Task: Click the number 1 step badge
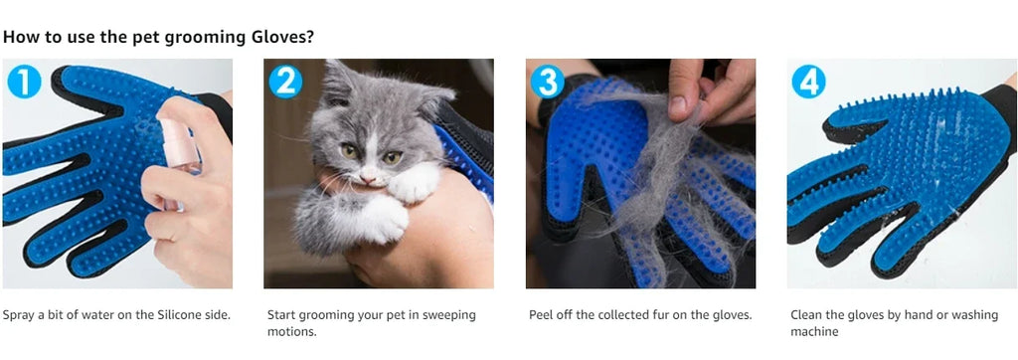point(24,82)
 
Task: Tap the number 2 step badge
point(285,82)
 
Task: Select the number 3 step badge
point(548,82)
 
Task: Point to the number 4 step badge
point(808,82)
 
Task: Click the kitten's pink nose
point(368,173)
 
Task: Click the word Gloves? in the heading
point(282,37)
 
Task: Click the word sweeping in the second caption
point(449,315)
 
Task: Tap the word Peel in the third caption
point(541,315)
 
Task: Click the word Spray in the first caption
point(17,316)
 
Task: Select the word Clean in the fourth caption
point(805,315)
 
